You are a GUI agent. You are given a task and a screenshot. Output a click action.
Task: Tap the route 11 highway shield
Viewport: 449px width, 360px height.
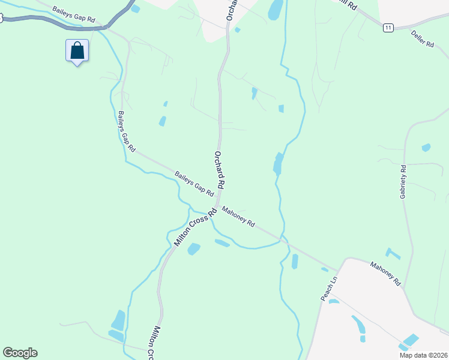[388, 28]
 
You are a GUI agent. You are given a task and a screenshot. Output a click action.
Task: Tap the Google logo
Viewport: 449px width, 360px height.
[20, 353]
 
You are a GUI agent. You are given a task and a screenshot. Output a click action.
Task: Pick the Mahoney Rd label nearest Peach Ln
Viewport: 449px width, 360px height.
[385, 274]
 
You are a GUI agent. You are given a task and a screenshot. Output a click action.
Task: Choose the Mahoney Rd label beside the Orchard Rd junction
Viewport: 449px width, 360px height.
[238, 217]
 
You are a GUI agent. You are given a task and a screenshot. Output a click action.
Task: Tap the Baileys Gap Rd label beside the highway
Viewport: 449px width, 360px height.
[74, 15]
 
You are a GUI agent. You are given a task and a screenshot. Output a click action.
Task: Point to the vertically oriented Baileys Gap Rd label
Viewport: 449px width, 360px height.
[127, 131]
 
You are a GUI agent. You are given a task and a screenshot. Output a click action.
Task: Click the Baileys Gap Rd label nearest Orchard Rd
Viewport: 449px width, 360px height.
[194, 184]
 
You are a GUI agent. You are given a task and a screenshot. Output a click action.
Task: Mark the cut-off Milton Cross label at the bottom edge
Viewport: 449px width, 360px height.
[154, 344]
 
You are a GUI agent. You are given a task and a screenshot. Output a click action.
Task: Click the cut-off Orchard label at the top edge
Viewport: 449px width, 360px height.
[230, 10]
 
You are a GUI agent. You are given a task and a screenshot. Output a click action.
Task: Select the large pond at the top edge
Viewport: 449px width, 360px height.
[276, 9]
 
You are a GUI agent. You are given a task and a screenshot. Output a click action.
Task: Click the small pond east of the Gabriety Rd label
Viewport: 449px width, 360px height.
[426, 147]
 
